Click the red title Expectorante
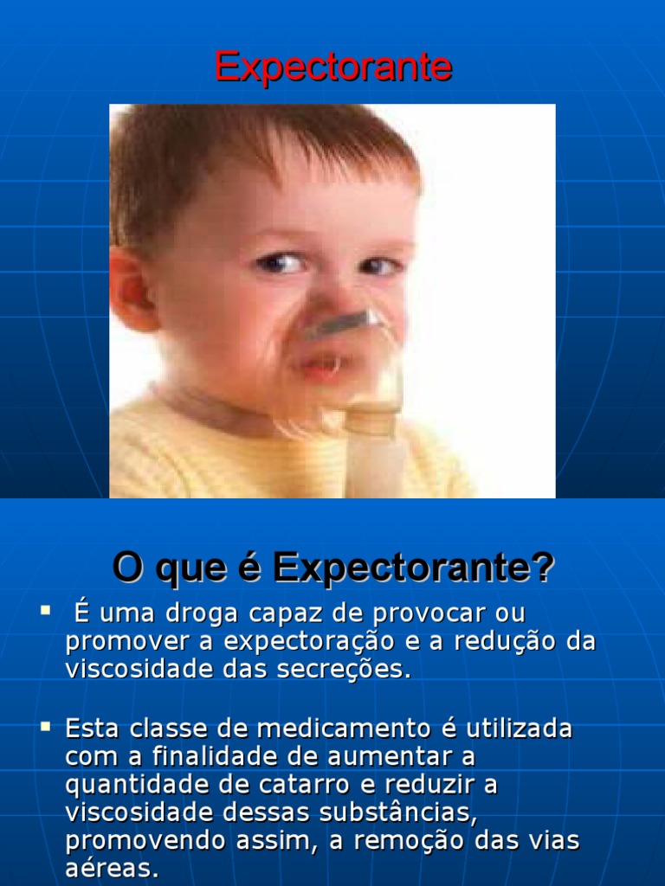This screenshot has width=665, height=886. (332, 67)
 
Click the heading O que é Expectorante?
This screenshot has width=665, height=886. (332, 568)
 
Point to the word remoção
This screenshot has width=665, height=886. (395, 840)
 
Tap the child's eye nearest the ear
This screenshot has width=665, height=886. (279, 262)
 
